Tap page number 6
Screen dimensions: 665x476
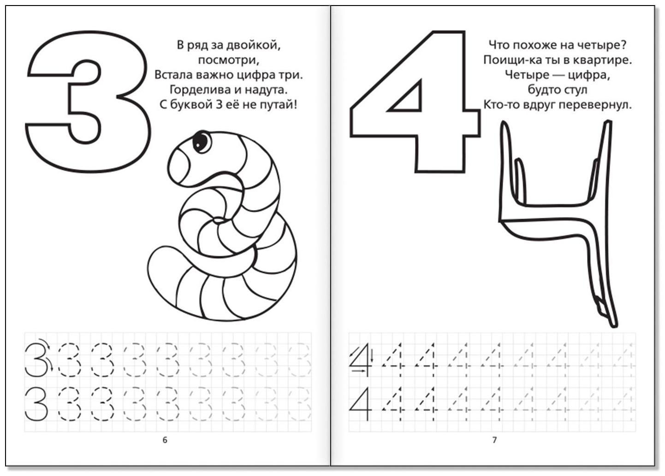pyautogui.click(x=165, y=440)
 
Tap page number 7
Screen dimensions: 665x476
pyautogui.click(x=494, y=440)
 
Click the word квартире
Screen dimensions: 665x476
pyautogui.click(x=602, y=60)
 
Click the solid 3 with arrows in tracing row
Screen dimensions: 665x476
pyautogui.click(x=37, y=360)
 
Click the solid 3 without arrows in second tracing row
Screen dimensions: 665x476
pyautogui.click(x=36, y=404)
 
